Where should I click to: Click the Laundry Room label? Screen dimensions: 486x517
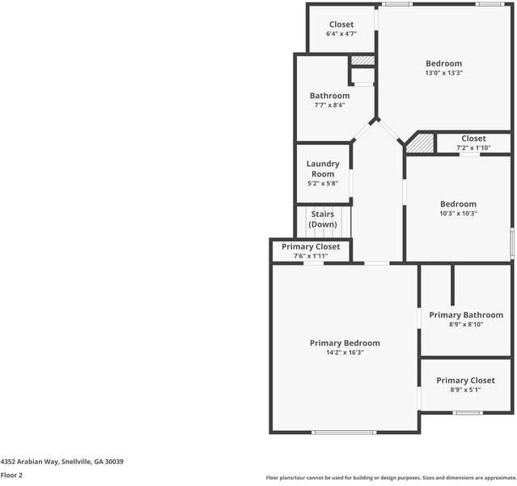point(323,169)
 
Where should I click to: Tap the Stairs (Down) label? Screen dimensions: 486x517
point(323,219)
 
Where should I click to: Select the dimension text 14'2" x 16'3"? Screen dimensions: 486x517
point(345,352)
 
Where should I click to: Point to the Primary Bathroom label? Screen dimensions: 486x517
point(466,315)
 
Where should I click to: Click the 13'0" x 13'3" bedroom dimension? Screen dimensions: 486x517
point(443,73)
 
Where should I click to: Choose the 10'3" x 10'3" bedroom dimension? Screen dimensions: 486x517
point(458,214)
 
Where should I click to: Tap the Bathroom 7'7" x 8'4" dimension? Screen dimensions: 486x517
point(329,105)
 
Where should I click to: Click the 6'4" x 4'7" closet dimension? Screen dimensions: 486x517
point(341,34)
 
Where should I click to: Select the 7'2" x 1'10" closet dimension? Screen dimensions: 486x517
point(473,148)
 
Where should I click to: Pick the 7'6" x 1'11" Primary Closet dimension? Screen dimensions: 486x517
point(311,256)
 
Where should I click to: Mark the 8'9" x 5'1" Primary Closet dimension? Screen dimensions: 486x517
point(465,390)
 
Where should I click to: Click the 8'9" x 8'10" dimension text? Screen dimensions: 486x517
point(465,325)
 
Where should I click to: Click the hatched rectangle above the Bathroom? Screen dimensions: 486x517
point(362,60)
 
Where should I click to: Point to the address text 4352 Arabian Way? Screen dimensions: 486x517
point(61,461)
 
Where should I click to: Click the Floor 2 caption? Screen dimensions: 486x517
point(11,475)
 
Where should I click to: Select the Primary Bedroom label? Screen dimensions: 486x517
point(345,343)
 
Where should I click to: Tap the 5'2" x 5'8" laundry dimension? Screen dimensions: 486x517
point(323,184)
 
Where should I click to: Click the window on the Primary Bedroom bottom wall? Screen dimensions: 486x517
point(345,432)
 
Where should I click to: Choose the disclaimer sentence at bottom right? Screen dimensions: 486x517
point(391,477)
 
